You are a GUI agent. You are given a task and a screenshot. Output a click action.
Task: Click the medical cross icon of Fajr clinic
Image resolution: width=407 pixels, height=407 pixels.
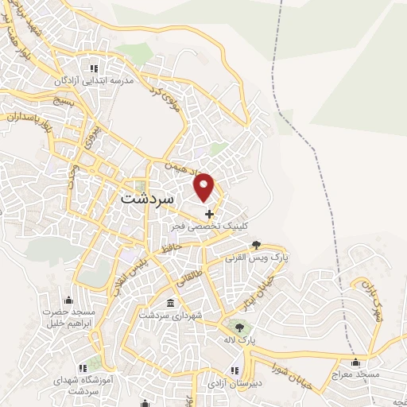point(209,214)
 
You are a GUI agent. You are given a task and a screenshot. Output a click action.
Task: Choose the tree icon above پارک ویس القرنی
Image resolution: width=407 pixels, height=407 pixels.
point(256,246)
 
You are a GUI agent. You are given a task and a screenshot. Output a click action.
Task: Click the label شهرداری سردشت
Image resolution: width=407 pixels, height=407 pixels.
point(171,316)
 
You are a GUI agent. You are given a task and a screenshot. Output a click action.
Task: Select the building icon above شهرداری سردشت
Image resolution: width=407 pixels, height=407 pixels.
point(171,304)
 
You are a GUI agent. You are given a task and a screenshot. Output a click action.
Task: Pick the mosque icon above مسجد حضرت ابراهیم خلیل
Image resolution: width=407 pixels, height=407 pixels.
point(68,300)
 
